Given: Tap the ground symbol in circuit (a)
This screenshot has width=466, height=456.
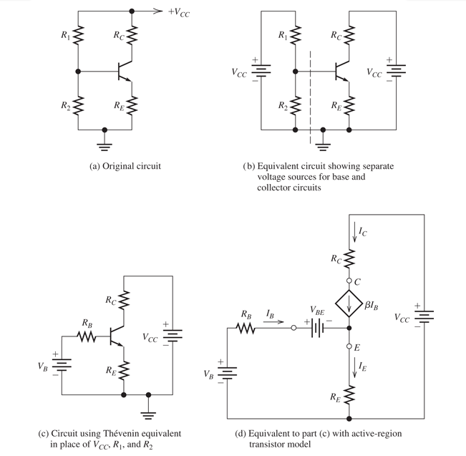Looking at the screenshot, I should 105,137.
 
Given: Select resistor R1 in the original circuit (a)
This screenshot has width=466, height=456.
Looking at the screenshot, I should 78,37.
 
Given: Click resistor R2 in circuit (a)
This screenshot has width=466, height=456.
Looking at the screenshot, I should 78,107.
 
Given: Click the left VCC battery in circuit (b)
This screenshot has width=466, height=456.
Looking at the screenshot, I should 262,72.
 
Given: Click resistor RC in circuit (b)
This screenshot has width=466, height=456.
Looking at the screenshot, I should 349,37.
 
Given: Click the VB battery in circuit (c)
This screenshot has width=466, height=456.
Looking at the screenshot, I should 62,364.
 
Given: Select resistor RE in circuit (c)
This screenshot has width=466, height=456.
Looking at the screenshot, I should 125,370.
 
